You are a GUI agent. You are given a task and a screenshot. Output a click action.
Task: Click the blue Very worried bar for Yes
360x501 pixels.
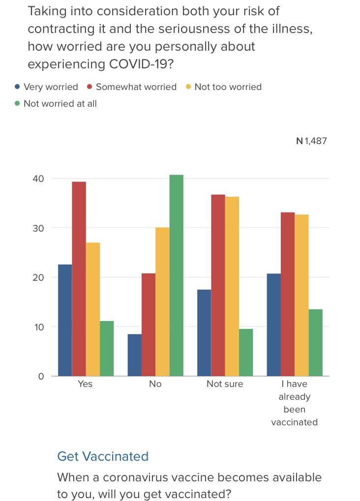pos(65,320)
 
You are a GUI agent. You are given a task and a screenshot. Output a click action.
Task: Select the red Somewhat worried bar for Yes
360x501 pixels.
pos(79,279)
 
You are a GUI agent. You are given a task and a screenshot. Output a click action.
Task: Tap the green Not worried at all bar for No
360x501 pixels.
pos(176,275)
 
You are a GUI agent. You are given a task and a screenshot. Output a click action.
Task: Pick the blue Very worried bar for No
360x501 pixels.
pos(135,355)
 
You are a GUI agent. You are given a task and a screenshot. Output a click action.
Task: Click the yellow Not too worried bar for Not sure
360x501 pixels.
pos(232,286)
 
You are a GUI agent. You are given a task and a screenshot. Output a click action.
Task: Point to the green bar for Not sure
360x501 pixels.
pos(246,353)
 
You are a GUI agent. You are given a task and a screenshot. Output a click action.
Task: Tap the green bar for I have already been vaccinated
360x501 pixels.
pos(315,343)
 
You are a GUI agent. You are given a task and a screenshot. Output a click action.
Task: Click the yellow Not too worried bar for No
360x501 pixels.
pos(162,301)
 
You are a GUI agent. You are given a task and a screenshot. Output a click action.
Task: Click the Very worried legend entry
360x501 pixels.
pos(46,87)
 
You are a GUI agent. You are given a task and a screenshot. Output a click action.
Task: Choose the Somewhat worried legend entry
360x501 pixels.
pos(131,87)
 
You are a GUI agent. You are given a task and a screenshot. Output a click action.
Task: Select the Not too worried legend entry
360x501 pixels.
pos(223,87)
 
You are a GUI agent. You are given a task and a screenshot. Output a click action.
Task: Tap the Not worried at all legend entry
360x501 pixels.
pos(56,103)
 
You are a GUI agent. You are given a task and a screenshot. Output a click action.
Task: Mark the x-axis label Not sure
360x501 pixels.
pos(225,384)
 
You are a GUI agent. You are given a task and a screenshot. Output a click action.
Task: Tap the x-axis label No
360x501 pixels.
pos(155,384)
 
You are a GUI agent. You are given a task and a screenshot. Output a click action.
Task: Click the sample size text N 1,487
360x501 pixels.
pos(311,141)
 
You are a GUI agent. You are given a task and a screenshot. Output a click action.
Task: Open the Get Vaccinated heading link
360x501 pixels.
pos(103,456)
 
